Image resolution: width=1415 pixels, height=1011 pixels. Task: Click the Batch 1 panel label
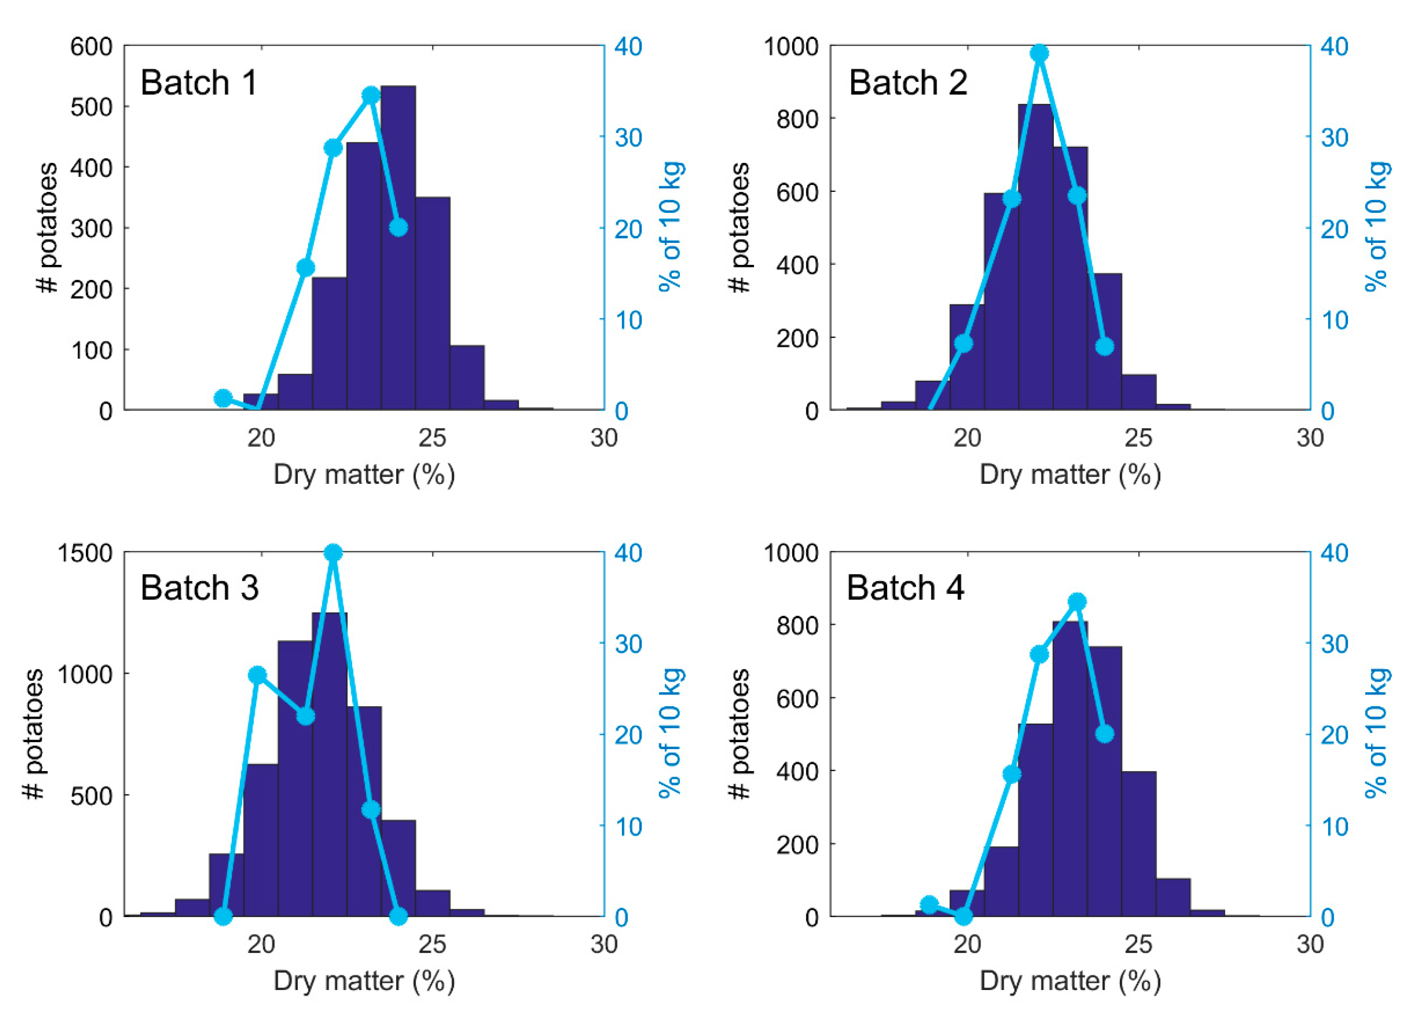[198, 83]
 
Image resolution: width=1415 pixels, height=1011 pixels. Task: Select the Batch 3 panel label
[199, 588]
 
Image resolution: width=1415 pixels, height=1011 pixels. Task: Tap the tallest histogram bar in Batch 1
[398, 249]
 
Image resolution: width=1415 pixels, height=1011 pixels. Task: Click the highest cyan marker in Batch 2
[1038, 53]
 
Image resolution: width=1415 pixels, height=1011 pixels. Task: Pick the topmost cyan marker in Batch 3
[333, 553]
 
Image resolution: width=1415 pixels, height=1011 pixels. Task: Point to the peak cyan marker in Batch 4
[1078, 602]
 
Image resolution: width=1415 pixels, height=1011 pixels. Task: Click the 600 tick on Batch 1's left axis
[91, 46]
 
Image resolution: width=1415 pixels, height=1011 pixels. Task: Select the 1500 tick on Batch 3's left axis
[84, 553]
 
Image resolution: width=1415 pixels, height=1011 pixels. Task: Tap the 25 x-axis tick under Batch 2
[1138, 438]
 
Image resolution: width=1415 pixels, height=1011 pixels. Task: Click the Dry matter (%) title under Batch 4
[1070, 981]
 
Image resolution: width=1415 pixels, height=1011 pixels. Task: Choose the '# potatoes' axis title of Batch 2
[740, 227]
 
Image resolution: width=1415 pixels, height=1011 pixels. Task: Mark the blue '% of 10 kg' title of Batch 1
[671, 227]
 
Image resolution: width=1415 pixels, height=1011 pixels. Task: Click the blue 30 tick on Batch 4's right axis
[1335, 644]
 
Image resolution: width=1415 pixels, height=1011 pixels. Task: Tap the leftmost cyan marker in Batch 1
[223, 398]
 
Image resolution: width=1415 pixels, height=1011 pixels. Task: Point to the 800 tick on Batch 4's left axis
[797, 626]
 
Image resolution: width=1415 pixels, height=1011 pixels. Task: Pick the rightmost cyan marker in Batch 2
[1104, 347]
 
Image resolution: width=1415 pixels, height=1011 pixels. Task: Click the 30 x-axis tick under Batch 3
[603, 945]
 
